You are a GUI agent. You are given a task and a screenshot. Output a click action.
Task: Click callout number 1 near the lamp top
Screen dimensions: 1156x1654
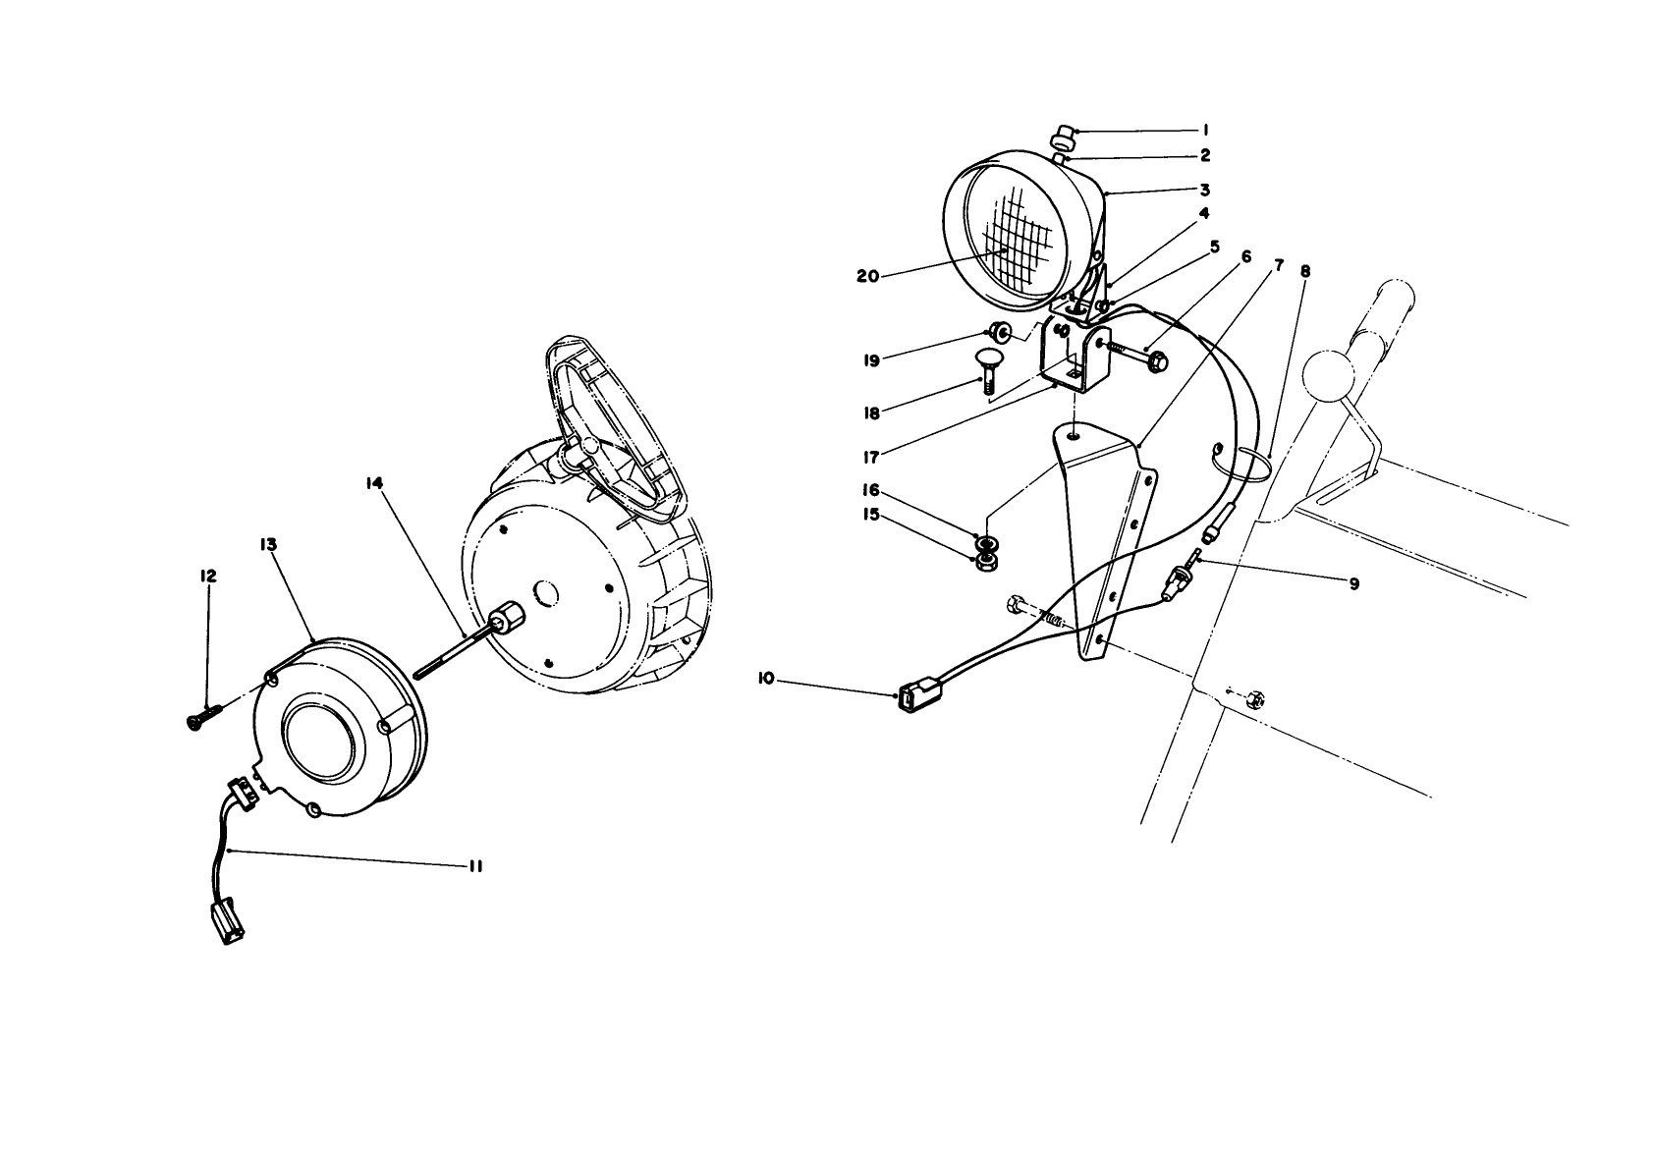pyautogui.click(x=1204, y=130)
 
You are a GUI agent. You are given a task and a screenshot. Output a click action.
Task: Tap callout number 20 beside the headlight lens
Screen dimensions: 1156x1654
pyautogui.click(x=867, y=277)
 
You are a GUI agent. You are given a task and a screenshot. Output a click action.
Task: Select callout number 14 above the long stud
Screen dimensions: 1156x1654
pyautogui.click(x=377, y=483)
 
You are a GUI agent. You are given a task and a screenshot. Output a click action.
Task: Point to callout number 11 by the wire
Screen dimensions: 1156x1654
pyautogui.click(x=475, y=866)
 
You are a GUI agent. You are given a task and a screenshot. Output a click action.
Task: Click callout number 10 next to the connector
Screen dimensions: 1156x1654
pyautogui.click(x=766, y=678)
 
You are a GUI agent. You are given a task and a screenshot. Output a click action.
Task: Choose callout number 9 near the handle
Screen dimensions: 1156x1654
pyautogui.click(x=1353, y=583)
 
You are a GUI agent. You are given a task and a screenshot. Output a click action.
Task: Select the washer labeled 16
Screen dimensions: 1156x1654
pyautogui.click(x=984, y=542)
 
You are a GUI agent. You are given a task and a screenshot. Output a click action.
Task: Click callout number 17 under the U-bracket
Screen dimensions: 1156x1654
pyautogui.click(x=870, y=456)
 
